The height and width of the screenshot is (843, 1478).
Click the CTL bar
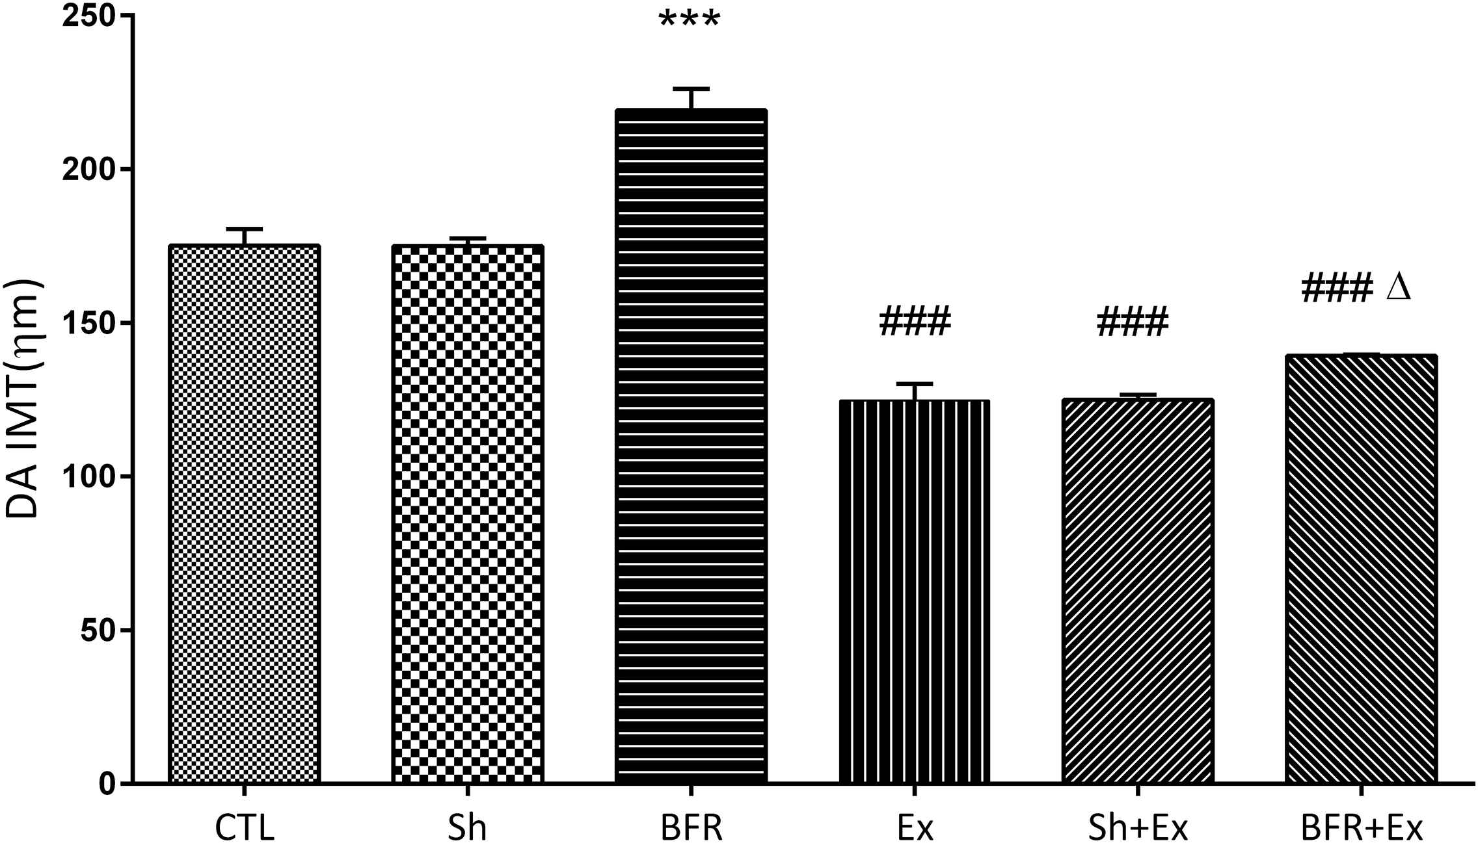(245, 513)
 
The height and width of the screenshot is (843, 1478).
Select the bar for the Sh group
(468, 513)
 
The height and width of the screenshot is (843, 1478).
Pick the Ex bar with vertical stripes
(915, 591)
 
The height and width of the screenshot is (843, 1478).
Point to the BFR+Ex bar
(1361, 569)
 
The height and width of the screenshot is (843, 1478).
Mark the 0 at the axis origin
(107, 783)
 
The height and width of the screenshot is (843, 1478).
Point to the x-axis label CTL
(245, 827)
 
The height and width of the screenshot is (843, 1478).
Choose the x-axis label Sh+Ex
(1138, 827)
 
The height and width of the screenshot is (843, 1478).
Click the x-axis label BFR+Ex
(1361, 827)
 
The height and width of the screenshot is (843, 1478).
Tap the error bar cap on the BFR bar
(691, 88)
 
